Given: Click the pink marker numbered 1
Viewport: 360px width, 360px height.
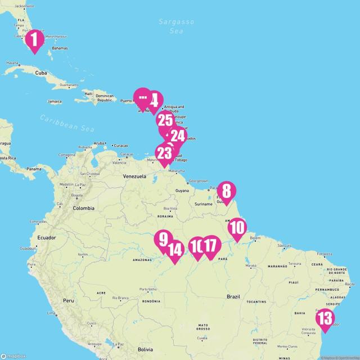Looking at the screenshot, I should click(x=35, y=39).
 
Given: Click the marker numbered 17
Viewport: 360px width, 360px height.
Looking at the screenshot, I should click(x=210, y=246).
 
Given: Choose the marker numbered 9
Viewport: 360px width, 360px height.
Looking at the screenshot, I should click(x=163, y=239).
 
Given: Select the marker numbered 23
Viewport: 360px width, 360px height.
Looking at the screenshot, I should click(x=164, y=153).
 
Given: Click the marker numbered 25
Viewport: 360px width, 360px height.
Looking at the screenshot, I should click(x=165, y=120).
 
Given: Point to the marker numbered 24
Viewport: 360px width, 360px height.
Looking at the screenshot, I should click(x=178, y=136).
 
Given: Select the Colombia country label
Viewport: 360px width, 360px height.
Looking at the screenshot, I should click(x=83, y=208).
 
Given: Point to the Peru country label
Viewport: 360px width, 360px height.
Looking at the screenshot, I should click(x=68, y=300).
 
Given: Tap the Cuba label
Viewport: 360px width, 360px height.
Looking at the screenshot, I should click(x=40, y=73).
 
